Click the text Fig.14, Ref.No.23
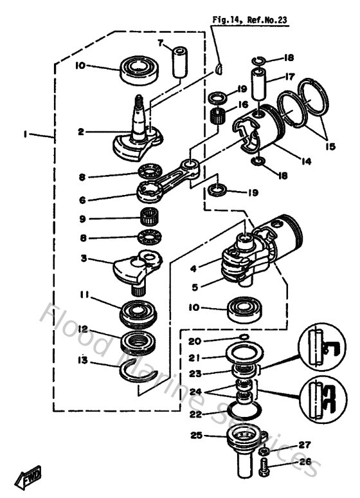249,20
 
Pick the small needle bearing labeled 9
149,217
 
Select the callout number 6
82,199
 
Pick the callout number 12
83,329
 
